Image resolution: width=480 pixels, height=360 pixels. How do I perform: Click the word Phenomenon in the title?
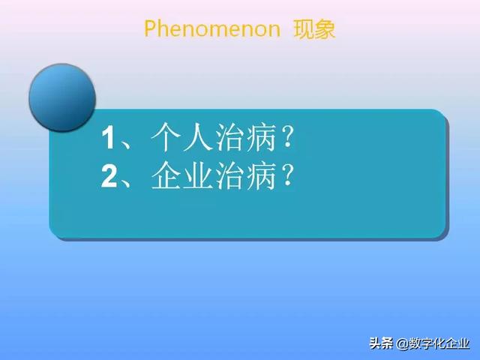click(211, 29)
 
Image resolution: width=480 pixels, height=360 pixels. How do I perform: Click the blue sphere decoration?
click(61, 97)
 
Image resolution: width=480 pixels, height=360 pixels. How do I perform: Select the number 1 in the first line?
click(109, 139)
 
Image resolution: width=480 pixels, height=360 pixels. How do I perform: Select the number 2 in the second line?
click(109, 177)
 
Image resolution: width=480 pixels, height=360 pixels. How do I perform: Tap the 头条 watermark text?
click(382, 343)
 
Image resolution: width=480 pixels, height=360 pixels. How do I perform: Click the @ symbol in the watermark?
click(402, 344)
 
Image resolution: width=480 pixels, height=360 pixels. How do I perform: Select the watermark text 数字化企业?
click(439, 343)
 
